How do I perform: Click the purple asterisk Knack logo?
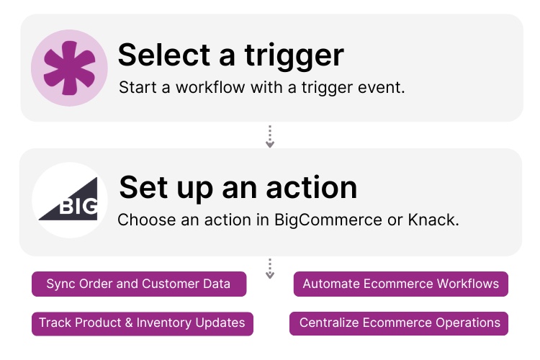click(x=69, y=68)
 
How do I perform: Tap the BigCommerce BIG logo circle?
click(x=70, y=200)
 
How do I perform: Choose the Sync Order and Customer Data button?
click(x=139, y=284)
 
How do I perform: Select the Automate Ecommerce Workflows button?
click(x=401, y=284)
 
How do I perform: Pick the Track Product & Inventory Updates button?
click(x=142, y=323)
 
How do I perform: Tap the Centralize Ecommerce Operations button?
click(x=400, y=323)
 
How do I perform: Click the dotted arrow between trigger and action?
click(x=270, y=136)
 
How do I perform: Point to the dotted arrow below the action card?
click(x=270, y=268)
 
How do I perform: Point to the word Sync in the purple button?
click(x=60, y=284)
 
